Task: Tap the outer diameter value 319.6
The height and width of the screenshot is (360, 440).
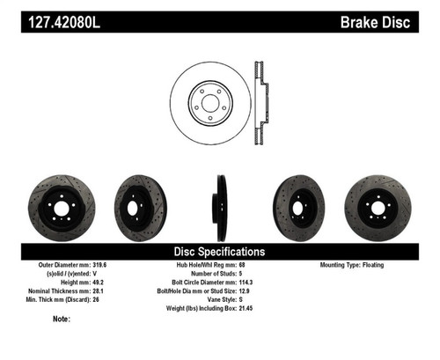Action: click(x=99, y=263)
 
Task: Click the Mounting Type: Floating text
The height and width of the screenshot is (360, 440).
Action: click(x=356, y=263)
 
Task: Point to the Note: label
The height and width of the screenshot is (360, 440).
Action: click(x=62, y=319)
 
